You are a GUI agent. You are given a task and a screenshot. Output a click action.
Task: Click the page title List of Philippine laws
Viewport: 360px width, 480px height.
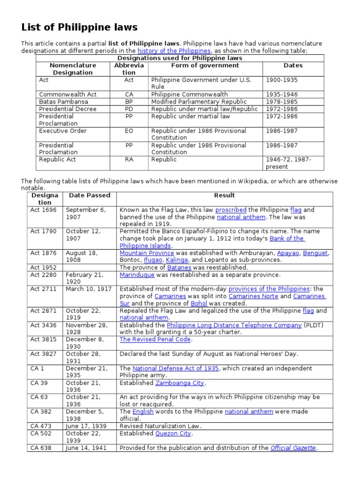tap(79, 27)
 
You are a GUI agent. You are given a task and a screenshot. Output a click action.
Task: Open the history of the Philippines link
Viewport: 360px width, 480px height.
tap(174, 51)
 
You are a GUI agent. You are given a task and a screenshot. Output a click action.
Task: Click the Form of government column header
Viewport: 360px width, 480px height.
tap(205, 66)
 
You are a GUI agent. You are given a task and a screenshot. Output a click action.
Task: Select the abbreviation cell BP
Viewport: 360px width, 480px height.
tap(129, 102)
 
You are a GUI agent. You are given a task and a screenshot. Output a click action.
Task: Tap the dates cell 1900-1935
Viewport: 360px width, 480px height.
tap(282, 80)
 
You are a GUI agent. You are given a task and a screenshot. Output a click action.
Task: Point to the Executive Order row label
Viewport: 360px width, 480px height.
tap(63, 131)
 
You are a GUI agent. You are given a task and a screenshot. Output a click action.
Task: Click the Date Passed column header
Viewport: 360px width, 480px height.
tap(90, 195)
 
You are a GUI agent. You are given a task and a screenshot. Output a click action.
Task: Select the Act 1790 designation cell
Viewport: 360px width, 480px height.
tap(43, 232)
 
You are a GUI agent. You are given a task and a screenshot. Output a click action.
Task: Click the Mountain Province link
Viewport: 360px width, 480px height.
tap(146, 253)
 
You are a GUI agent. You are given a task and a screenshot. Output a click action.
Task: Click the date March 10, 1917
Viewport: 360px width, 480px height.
tap(89, 289)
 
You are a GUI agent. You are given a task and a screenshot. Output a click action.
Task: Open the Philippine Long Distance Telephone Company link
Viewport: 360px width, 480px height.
tap(234, 325)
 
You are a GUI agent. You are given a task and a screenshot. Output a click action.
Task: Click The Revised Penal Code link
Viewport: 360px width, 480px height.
tap(155, 339)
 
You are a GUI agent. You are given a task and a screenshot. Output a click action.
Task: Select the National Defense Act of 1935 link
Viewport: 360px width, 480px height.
tap(175, 368)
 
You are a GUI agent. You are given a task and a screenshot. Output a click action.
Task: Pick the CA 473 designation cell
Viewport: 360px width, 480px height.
tap(41, 426)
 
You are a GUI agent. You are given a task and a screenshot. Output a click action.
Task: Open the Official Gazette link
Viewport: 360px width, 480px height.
tap(293, 448)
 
